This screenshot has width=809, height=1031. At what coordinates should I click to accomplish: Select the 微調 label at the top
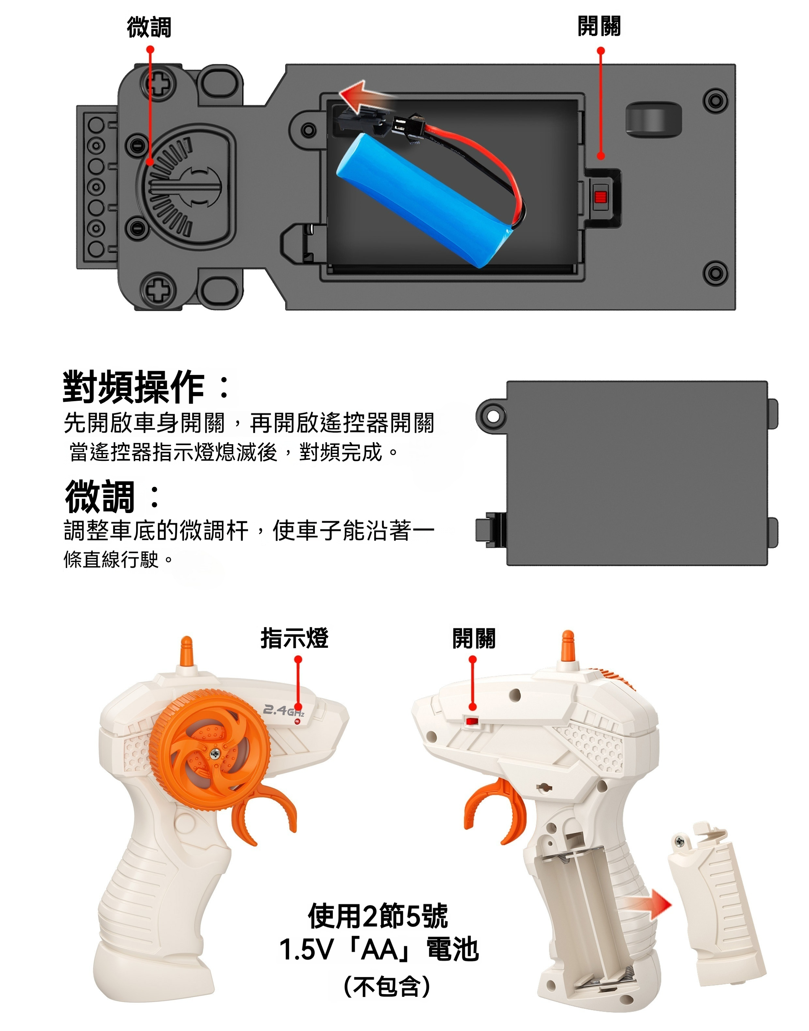[x=149, y=27]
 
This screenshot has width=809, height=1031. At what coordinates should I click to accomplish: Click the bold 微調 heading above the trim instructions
[x=100, y=496]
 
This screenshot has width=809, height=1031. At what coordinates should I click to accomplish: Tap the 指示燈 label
[x=294, y=638]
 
